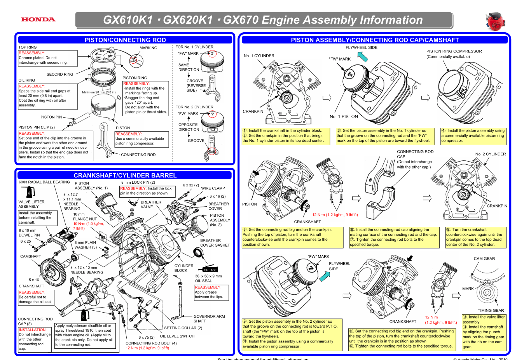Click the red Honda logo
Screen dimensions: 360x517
(x=38, y=19)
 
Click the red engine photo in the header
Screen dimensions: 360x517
(x=494, y=21)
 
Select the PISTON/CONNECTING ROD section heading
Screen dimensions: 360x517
(x=125, y=40)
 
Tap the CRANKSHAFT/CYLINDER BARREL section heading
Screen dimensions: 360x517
(x=125, y=176)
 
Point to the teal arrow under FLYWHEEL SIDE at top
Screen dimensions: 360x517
(x=362, y=57)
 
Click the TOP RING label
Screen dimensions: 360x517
(x=28, y=47)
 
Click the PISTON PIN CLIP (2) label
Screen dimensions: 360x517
(x=37, y=127)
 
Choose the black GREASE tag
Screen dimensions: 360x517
(x=210, y=270)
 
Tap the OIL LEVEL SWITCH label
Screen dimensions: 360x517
(x=177, y=336)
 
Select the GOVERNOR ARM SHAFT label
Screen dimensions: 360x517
(x=209, y=319)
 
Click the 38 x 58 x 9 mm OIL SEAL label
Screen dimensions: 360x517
(x=208, y=278)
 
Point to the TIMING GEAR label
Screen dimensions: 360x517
(x=491, y=311)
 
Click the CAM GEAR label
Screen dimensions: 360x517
(x=484, y=259)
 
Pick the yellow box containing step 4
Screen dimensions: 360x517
(x=473, y=136)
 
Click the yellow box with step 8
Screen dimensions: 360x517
(x=476, y=237)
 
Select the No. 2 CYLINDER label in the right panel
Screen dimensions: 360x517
(x=491, y=154)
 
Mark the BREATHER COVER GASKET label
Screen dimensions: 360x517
(x=215, y=243)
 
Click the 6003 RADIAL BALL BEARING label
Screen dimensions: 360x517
(x=44, y=182)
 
